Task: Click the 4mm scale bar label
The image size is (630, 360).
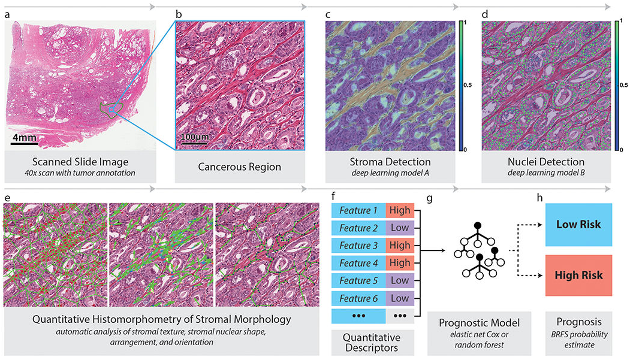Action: coord(25,138)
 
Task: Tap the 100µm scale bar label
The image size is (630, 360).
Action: coord(194,137)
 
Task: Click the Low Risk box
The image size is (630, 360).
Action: coord(578,225)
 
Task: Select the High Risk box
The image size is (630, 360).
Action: coord(578,276)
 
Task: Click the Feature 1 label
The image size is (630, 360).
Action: coord(358,210)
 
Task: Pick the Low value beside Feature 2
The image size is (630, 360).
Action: coord(400,228)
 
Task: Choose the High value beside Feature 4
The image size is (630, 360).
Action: coord(400,263)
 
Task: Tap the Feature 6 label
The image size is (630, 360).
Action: coord(358,298)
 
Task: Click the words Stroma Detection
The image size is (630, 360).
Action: coord(390,162)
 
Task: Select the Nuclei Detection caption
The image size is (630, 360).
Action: coord(546,162)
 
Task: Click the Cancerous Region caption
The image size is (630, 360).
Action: coord(239,167)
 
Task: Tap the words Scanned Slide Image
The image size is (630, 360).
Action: coord(80,162)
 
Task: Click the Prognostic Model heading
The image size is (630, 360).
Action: coord(480,323)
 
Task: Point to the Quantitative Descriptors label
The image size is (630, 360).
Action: coord(372,343)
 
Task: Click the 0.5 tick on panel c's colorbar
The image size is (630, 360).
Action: coord(468,85)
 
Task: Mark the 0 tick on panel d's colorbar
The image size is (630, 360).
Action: coord(621,150)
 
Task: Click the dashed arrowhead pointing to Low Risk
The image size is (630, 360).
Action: coord(541,225)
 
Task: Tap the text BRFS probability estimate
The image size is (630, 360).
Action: coord(580,340)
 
